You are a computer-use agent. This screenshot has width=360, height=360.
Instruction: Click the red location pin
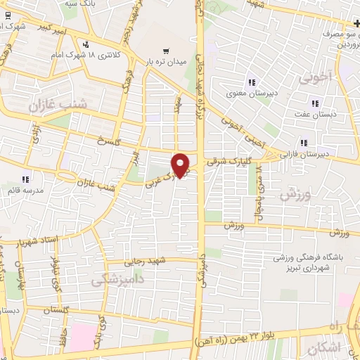[x=181, y=165]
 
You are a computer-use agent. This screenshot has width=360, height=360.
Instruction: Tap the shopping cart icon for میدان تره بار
[x=166, y=51]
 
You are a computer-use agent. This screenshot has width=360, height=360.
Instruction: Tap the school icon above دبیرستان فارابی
[x=304, y=141]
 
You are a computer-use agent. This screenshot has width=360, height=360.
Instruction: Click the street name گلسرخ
[x=110, y=138]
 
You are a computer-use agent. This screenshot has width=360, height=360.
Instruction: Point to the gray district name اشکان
[x=324, y=347]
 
